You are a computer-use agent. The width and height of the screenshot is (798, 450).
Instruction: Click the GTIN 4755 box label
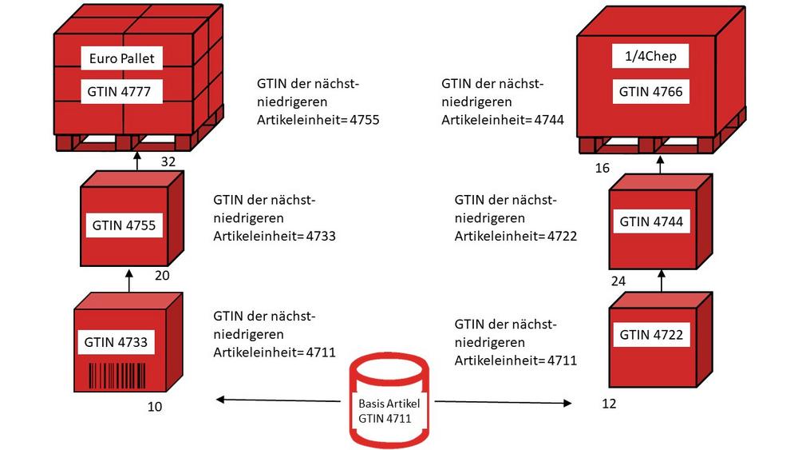click(123, 225)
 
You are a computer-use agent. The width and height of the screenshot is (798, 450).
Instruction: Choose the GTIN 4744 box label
click(651, 221)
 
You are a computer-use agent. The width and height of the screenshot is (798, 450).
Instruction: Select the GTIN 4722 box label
click(651, 334)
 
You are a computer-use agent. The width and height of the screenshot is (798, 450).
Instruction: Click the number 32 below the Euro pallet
click(168, 162)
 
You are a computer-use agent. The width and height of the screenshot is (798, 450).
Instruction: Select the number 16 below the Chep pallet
click(602, 169)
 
